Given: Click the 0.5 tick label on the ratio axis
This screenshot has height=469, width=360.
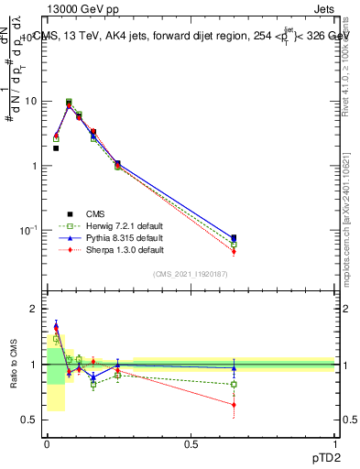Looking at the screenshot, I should coord(30,420).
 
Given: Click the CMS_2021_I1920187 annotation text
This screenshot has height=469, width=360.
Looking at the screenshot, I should coord(190,275).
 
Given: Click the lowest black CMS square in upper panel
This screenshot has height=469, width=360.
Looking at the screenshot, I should coord(56,147).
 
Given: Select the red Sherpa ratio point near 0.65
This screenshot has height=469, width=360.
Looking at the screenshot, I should coord(234,404).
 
